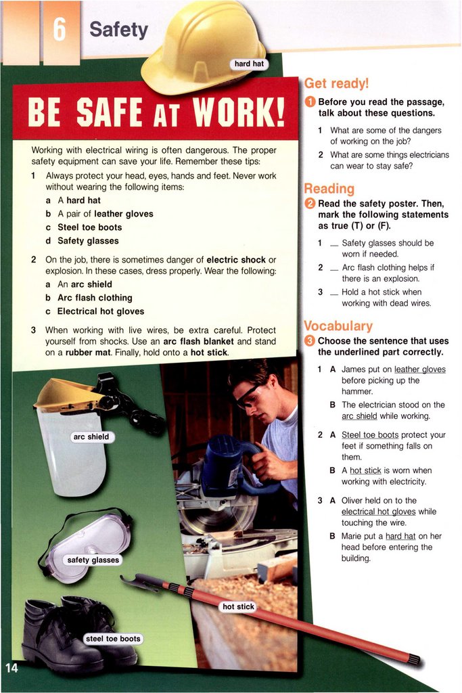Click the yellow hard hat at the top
[204, 47]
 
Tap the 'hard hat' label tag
[249, 64]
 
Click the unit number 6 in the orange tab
[60, 30]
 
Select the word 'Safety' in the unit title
[119, 30]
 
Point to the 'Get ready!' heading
[336, 83]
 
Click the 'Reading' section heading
[329, 189]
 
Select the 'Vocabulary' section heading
[338, 326]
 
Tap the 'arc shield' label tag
[91, 437]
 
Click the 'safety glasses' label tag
[93, 560]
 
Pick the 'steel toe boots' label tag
[113, 639]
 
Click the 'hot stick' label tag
[239, 607]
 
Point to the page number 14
[12, 667]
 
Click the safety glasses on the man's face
[248, 395]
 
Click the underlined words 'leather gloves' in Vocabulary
[420, 370]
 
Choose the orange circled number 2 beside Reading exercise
[310, 204]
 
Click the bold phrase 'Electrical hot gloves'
[101, 311]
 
